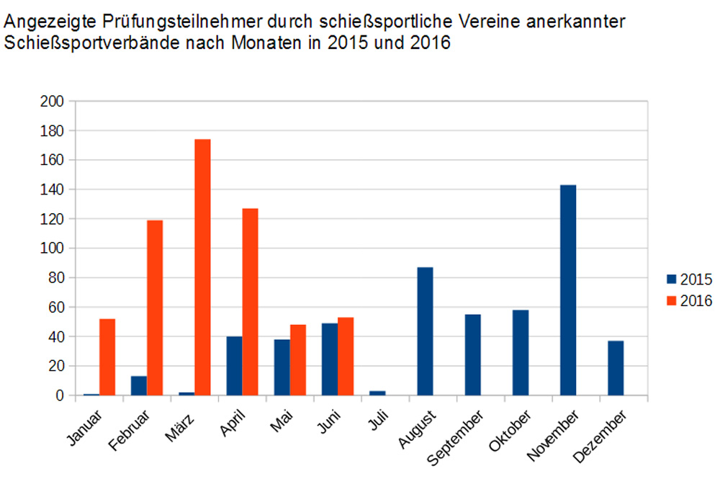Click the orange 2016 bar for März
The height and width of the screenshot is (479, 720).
click(202, 267)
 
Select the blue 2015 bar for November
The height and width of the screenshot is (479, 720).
click(568, 290)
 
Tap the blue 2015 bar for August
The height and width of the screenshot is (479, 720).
click(425, 331)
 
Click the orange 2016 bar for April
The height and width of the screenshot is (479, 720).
click(250, 302)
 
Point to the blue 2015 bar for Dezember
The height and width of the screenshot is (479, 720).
click(616, 368)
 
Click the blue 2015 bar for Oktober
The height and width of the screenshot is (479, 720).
click(521, 353)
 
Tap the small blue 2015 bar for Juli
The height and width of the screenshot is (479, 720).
click(377, 393)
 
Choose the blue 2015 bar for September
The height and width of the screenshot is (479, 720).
click(473, 355)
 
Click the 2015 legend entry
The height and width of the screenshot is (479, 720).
click(689, 279)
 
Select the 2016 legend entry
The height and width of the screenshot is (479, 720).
click(689, 301)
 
